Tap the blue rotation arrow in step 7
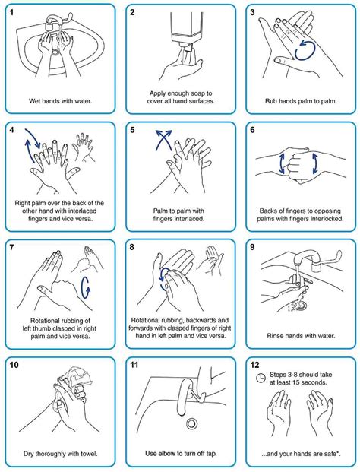click(85, 287)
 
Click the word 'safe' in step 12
click(329, 454)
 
